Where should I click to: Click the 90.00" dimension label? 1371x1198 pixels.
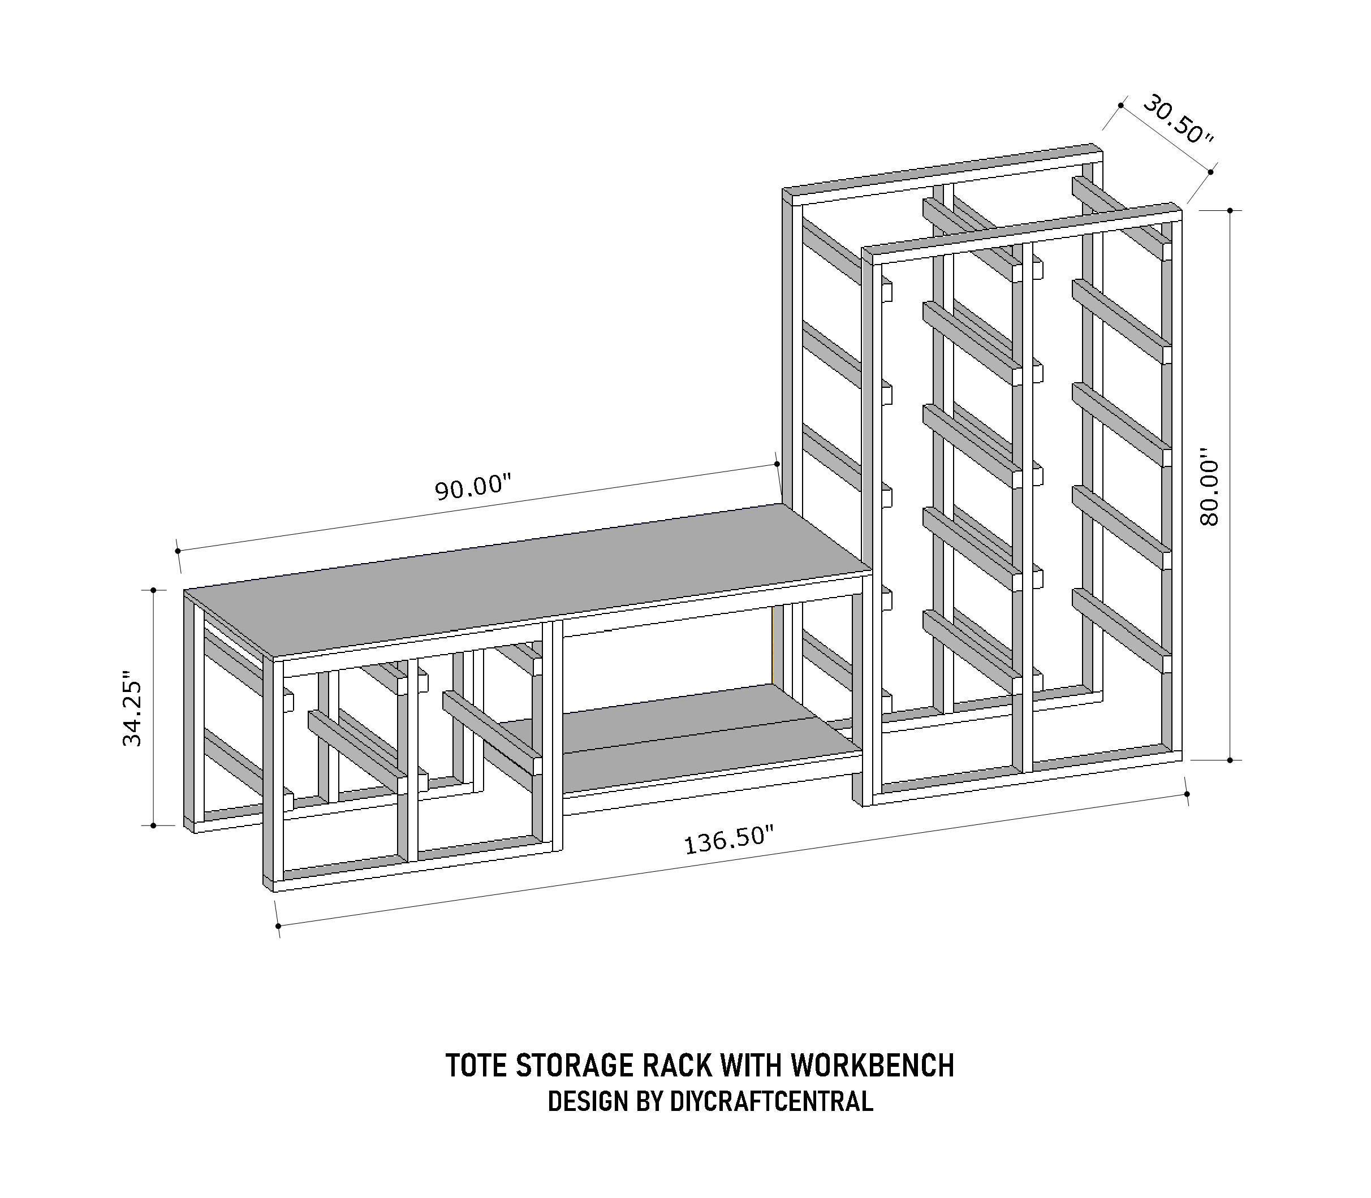coord(473,487)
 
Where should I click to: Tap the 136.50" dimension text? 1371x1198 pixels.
coord(728,839)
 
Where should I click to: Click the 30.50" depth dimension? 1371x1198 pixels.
coord(1177,120)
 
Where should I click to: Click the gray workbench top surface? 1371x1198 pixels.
coord(528,589)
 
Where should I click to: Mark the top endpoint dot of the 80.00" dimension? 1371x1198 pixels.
coord(1229,210)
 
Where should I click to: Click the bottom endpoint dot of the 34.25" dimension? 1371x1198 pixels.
coord(153,825)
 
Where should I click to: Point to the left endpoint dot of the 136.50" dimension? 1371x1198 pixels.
coord(278,926)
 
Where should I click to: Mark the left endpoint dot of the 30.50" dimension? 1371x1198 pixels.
coord(1121,105)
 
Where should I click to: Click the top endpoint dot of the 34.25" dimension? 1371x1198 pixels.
coord(153,590)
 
